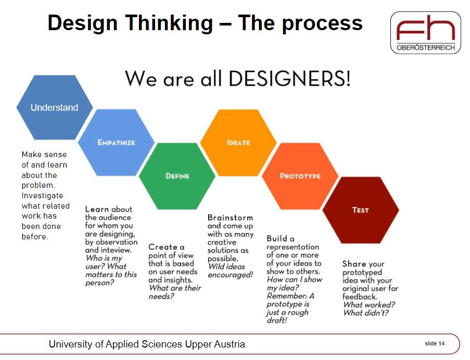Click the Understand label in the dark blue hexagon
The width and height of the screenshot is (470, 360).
click(54, 108)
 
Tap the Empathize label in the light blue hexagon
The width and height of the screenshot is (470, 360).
click(116, 143)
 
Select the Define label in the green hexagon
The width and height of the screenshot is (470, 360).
click(177, 176)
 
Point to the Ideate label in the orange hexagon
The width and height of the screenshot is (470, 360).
click(238, 143)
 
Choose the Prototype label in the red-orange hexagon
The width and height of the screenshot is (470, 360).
click(300, 176)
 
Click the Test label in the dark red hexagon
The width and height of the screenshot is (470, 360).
click(361, 210)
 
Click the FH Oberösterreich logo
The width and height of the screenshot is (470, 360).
click(426, 33)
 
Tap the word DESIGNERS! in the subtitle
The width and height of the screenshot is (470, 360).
click(289, 79)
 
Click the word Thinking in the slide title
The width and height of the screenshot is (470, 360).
click(169, 23)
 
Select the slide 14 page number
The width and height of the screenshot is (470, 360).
click(435, 343)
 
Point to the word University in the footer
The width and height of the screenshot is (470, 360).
click(70, 344)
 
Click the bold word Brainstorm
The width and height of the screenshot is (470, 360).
click(230, 217)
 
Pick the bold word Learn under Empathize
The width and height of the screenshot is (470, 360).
click(97, 209)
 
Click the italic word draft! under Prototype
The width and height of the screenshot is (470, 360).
click(277, 320)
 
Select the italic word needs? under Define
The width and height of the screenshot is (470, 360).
click(161, 296)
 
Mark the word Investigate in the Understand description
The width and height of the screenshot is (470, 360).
click(42, 196)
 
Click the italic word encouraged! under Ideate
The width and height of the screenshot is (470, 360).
click(230, 275)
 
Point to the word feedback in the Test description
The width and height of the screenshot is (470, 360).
click(359, 297)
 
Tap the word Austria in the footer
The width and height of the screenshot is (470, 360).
click(230, 344)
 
